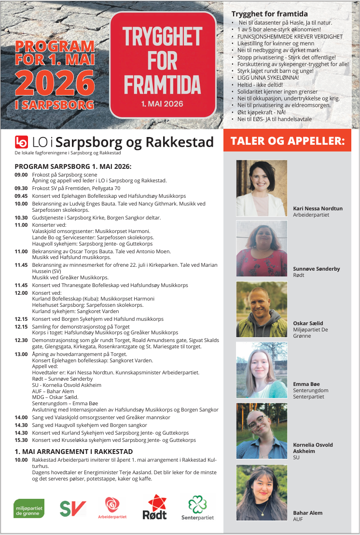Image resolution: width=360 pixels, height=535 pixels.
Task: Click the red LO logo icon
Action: click(x=22, y=142)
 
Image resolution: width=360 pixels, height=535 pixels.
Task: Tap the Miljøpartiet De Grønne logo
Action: click(x=29, y=508)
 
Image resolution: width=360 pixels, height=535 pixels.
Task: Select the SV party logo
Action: click(x=73, y=508)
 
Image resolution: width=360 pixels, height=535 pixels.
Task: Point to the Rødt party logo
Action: click(x=155, y=507)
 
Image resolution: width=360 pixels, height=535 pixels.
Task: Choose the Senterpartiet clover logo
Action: click(x=197, y=508)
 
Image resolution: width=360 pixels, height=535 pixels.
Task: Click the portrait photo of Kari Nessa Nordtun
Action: click(x=262, y=188)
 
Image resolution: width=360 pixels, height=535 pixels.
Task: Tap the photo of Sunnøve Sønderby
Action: click(x=262, y=248)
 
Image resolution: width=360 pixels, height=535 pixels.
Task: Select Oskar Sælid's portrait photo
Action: click(x=262, y=309)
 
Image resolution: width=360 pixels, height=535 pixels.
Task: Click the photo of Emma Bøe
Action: click(x=262, y=370)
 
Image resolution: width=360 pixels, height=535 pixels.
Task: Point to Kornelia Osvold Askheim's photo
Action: click(x=262, y=431)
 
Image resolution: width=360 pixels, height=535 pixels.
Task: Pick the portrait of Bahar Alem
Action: click(x=262, y=493)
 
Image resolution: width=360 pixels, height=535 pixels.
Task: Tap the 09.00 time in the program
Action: click(x=21, y=175)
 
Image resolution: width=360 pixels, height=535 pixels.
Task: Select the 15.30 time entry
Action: click(x=21, y=440)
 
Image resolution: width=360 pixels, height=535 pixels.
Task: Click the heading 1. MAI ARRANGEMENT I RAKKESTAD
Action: click(x=73, y=452)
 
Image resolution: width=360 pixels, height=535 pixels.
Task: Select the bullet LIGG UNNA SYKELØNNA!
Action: click(x=268, y=77)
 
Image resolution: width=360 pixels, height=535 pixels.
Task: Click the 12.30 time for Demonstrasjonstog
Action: click(x=21, y=340)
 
